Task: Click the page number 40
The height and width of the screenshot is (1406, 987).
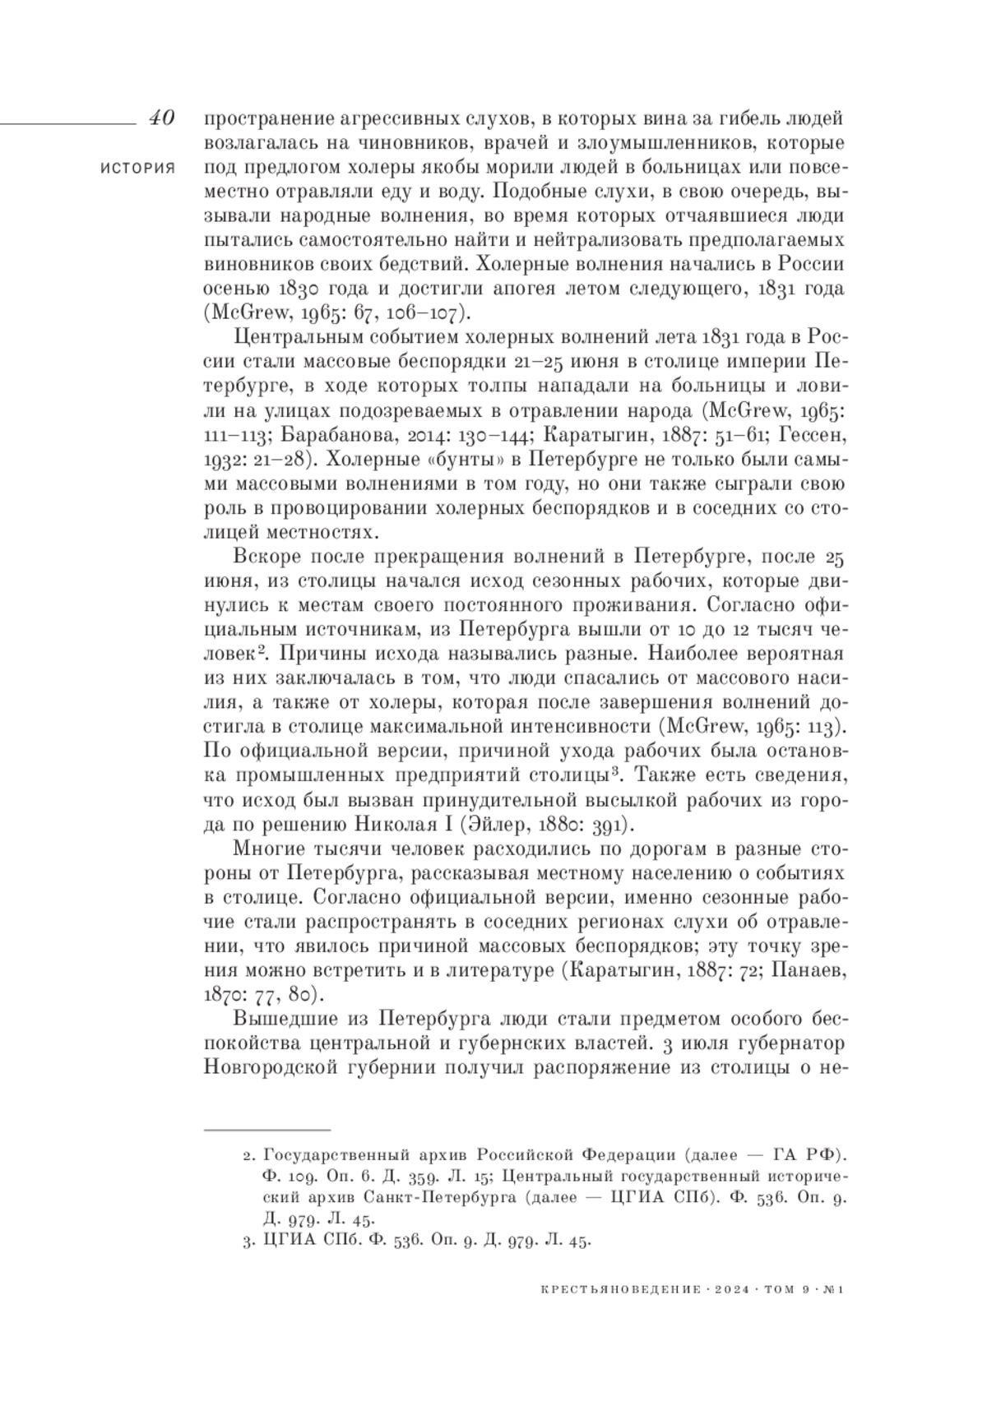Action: point(160,118)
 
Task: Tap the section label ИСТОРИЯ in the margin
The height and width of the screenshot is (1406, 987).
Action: point(138,168)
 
